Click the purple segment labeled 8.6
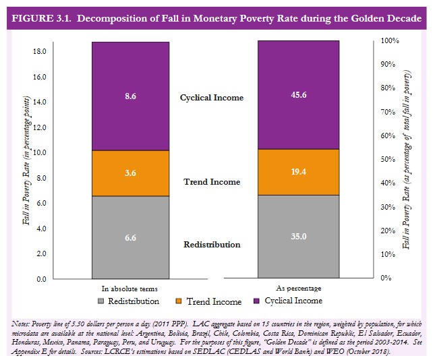click(130, 96)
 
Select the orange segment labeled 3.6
click(130, 173)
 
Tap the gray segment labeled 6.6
click(130, 237)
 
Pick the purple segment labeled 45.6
click(298, 95)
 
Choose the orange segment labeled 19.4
click(298, 173)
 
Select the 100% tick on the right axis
click(390, 41)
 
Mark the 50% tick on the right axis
click(388, 160)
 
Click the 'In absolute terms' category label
click(129, 289)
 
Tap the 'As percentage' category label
click(298, 289)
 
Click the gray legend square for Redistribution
click(102, 301)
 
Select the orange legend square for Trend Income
click(179, 301)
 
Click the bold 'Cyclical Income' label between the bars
click(212, 98)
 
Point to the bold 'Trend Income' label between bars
click(212, 182)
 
